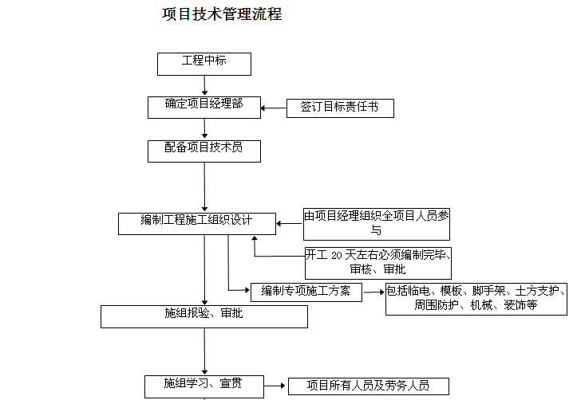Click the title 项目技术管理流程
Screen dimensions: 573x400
coord(222,14)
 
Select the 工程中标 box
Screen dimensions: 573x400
coord(204,65)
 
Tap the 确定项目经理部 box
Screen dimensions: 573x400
coord(204,108)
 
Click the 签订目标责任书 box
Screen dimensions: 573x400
coord(340,108)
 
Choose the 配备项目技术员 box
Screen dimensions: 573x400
coord(204,151)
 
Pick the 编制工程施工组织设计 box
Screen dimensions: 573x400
coord(197,224)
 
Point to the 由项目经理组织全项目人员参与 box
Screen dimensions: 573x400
coord(377,224)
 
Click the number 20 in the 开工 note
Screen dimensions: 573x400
coord(337,256)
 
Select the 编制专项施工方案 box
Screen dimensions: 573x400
coord(306,292)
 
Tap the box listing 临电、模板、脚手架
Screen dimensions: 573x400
coord(476,299)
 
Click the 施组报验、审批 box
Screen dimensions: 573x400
coord(204,317)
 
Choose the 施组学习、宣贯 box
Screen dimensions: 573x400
coord(204,387)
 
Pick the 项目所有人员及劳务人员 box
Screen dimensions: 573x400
coord(369,386)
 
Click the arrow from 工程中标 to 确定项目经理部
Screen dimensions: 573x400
coord(204,86)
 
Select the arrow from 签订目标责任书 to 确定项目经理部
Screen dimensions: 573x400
coord(274,108)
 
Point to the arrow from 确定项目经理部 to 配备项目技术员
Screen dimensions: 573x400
coord(204,129)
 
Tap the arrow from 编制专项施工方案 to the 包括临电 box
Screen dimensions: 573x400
coord(374,292)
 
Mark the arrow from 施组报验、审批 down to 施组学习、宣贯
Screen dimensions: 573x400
coord(204,352)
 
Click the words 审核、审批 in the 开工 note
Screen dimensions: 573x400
coord(377,269)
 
